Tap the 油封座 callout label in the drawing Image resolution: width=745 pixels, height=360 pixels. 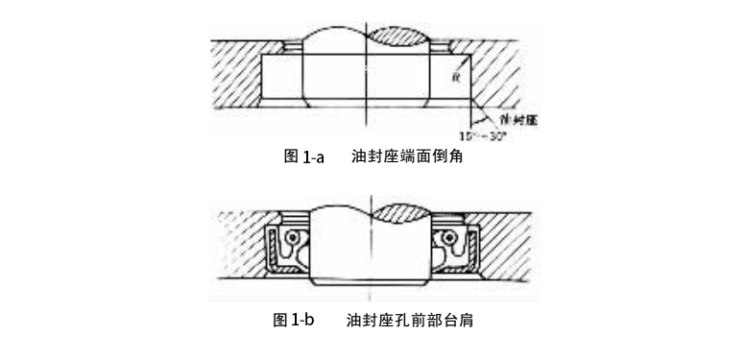point(517,119)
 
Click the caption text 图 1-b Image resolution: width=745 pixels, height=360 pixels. point(296,319)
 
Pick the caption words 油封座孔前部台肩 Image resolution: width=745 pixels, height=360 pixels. point(409,319)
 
